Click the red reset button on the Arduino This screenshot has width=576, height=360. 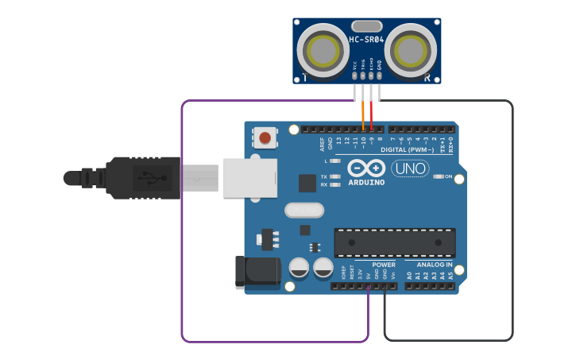tap(265, 137)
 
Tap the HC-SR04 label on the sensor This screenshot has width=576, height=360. tap(366, 40)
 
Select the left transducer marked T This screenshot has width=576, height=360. tap(323, 51)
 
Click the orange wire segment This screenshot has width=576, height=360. tap(363, 115)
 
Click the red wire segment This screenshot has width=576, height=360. tap(371, 115)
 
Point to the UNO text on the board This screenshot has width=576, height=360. tap(410, 168)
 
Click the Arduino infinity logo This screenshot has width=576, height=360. tap(366, 168)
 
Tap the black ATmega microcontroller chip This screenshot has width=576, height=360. tap(395, 243)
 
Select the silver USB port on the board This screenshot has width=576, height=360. tap(249, 177)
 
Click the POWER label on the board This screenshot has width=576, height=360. tap(384, 265)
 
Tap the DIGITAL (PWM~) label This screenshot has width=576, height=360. tap(407, 149)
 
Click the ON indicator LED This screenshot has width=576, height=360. tap(439, 176)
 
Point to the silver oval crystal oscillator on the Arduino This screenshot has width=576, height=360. tap(304, 211)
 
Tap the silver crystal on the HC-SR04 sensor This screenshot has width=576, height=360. tap(366, 26)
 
